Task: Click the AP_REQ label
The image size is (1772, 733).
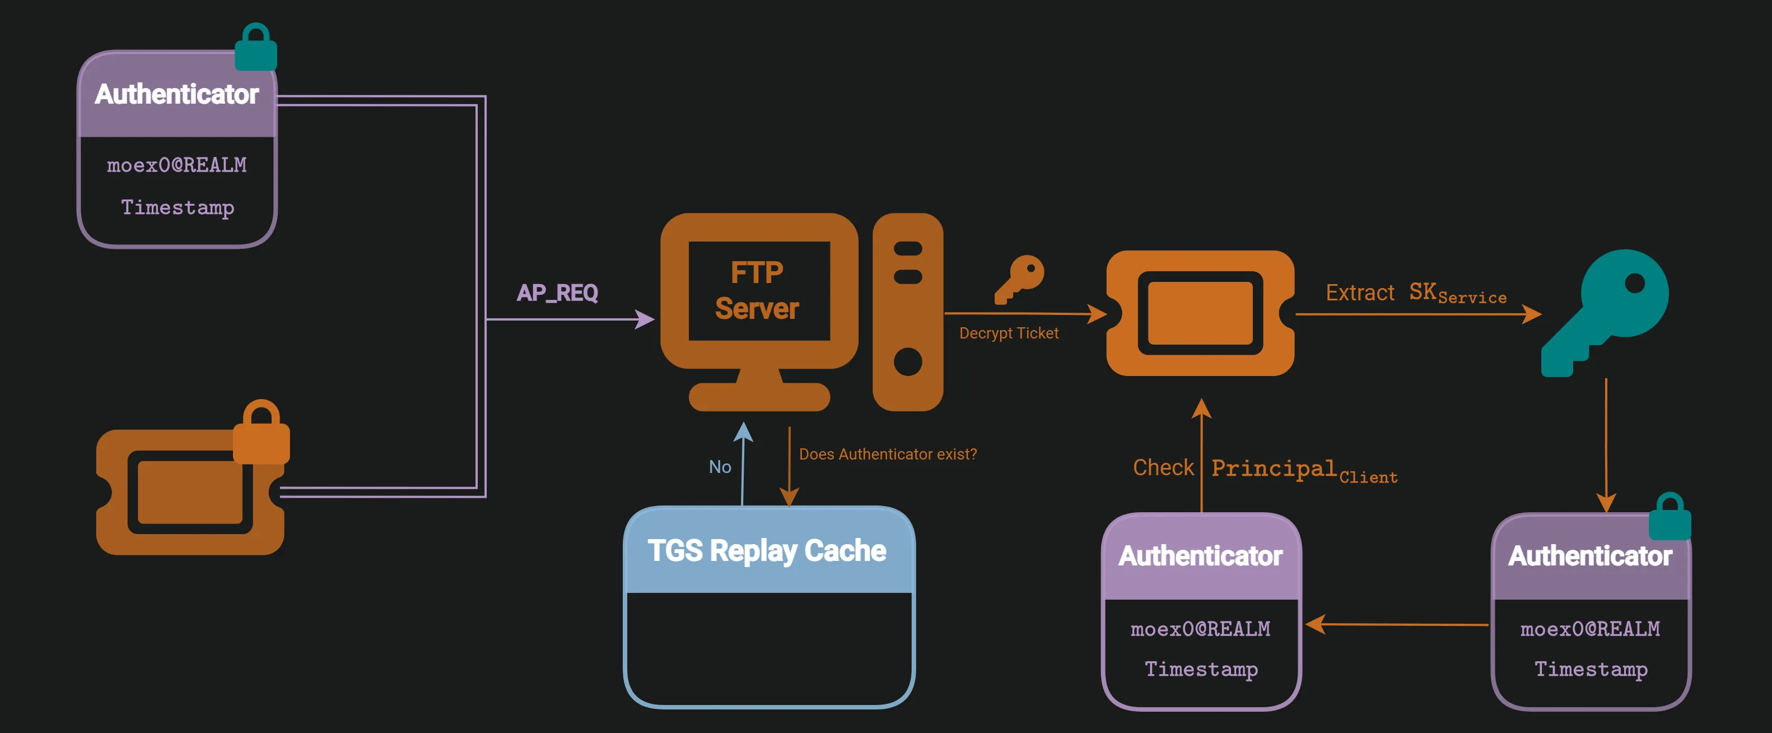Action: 557,293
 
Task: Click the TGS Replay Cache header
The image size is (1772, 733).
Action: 767,551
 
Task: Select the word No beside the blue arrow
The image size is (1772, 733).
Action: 720,467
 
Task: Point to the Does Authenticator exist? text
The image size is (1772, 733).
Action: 887,454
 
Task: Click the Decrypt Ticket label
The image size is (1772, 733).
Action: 1009,333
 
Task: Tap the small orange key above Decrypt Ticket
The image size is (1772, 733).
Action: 1019,278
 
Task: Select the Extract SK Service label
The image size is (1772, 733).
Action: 1416,293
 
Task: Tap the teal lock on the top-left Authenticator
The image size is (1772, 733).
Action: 256,48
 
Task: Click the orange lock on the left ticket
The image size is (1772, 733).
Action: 262,434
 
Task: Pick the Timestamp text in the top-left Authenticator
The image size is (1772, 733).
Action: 178,207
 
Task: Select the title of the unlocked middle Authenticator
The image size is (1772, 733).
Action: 1200,556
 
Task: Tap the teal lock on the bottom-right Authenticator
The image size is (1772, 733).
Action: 1670,518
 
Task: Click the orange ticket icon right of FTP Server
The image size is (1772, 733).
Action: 1200,313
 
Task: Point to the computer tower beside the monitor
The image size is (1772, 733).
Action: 907,312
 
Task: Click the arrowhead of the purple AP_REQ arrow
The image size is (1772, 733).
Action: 645,319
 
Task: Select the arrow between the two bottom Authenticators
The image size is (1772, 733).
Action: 1396,624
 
